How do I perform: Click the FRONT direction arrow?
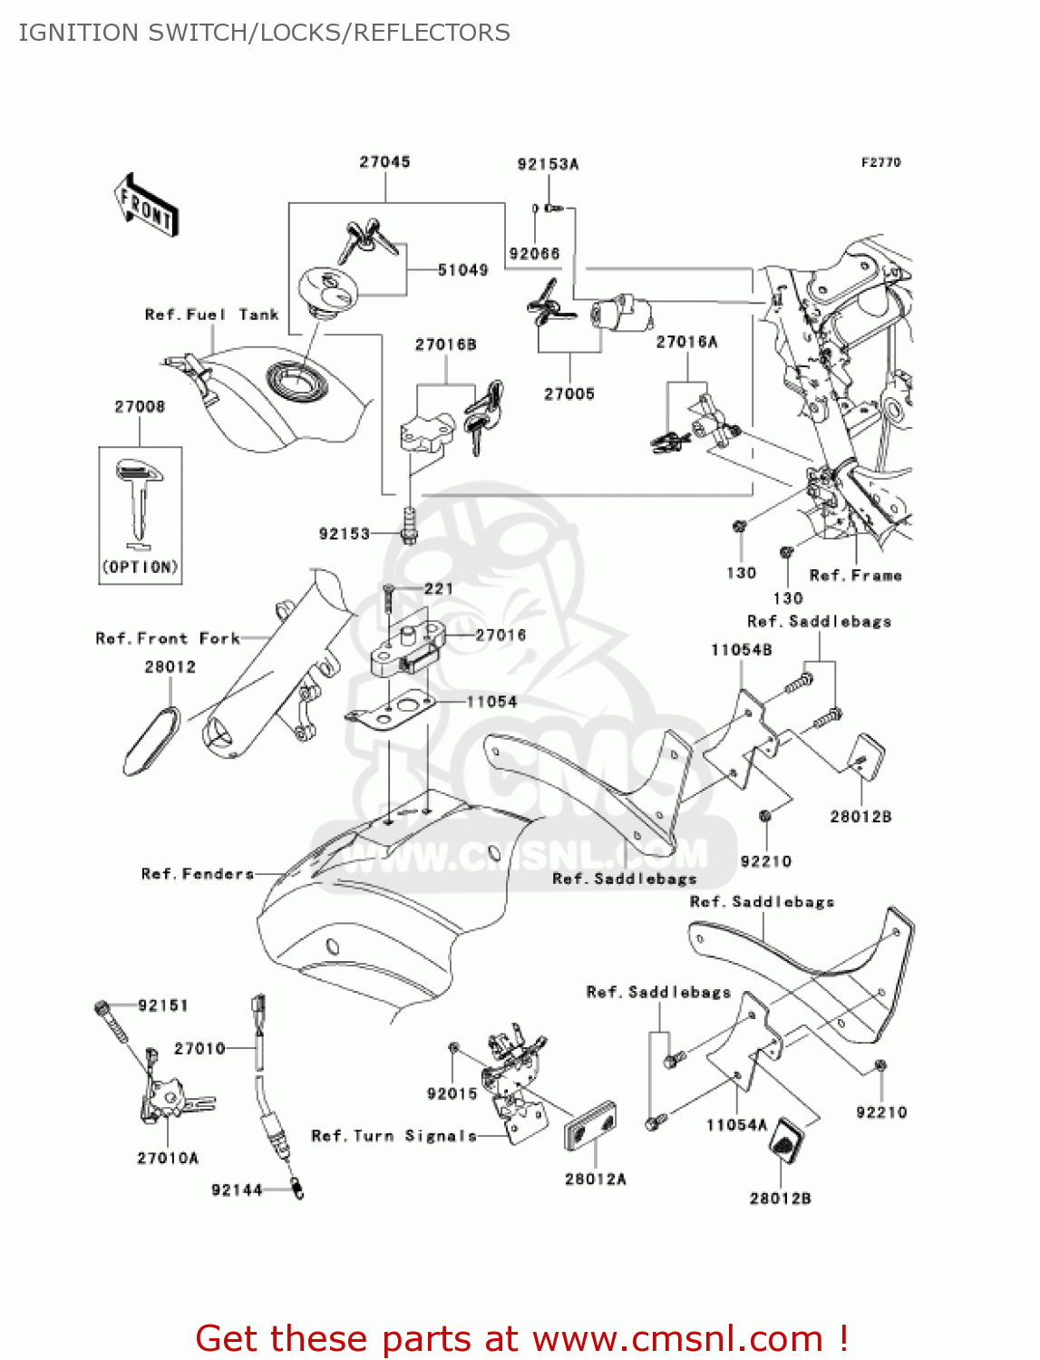(x=145, y=206)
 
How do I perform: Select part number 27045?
(x=384, y=162)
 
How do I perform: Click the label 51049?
(x=462, y=270)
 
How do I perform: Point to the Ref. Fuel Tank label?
(x=211, y=315)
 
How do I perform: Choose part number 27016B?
(x=445, y=345)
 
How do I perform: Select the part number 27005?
(x=569, y=393)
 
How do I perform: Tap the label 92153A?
(x=548, y=164)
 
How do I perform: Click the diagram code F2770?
(x=880, y=162)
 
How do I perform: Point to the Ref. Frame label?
(x=855, y=575)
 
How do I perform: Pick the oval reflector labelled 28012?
(x=151, y=741)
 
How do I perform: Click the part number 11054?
(x=491, y=702)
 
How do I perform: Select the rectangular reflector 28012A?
(x=590, y=1127)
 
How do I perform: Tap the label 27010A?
(x=168, y=1158)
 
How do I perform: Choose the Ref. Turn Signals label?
(x=394, y=1136)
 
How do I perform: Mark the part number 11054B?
(x=741, y=650)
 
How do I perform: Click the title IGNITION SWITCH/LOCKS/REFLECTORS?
(x=264, y=33)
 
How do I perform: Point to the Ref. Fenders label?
(x=197, y=874)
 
